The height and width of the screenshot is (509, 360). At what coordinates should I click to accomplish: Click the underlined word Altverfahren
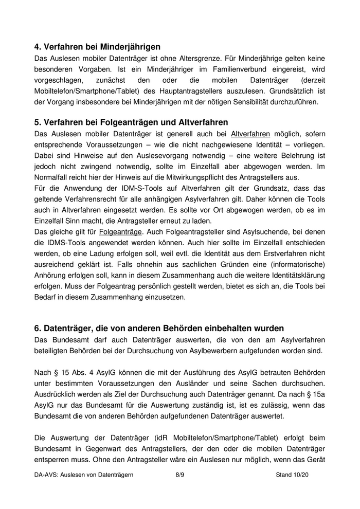tap(251, 134)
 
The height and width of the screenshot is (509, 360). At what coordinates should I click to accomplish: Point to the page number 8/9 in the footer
tap(179, 476)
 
